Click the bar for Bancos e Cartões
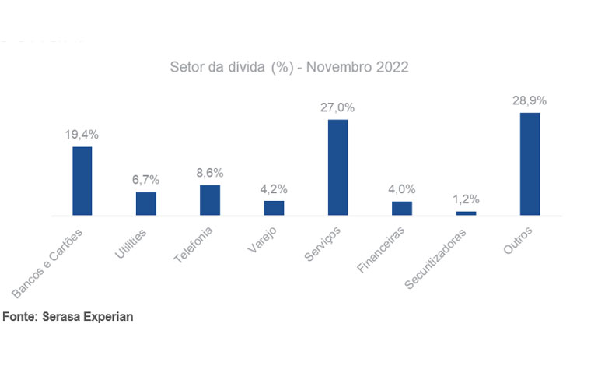click(x=82, y=181)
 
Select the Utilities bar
click(x=146, y=203)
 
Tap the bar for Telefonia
click(x=210, y=199)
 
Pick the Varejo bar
click(x=274, y=207)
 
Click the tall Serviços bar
click(x=337, y=167)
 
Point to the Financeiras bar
click(x=402, y=208)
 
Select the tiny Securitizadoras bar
click(x=466, y=213)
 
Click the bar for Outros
click(x=530, y=164)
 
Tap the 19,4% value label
click(x=82, y=135)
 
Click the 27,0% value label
click(x=337, y=107)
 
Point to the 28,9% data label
click(x=530, y=100)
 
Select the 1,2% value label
click(x=466, y=199)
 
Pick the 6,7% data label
click(x=146, y=179)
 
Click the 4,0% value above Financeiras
click(x=402, y=188)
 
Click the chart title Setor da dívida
click(x=289, y=67)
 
